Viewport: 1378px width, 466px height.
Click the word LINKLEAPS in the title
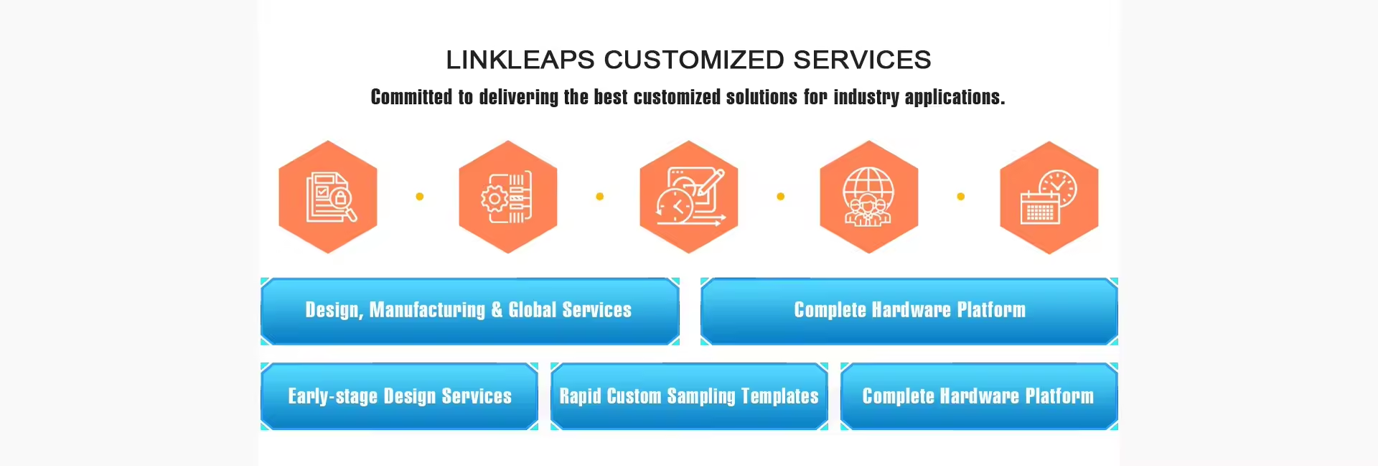[x=520, y=60]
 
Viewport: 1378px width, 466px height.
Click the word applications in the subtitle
[x=954, y=97]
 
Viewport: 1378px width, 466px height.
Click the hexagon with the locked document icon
[x=328, y=197]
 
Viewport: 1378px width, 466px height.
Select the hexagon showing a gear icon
[x=508, y=197]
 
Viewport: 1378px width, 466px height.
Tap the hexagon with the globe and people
[x=869, y=197]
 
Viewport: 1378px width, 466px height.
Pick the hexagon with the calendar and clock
[x=1049, y=197]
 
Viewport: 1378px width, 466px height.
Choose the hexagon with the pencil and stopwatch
[x=689, y=197]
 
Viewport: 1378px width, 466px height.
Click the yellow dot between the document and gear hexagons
[x=420, y=197]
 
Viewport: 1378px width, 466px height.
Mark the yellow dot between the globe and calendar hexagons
[x=961, y=197]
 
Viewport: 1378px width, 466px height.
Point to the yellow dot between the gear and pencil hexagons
[x=600, y=197]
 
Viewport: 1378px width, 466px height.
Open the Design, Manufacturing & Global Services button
[x=469, y=311]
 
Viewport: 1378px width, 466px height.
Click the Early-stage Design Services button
[x=399, y=396]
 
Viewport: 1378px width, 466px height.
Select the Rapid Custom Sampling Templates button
[x=689, y=396]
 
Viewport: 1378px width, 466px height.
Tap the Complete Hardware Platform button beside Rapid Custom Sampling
[x=979, y=396]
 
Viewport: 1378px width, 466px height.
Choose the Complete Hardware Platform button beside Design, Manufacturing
[x=909, y=311]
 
